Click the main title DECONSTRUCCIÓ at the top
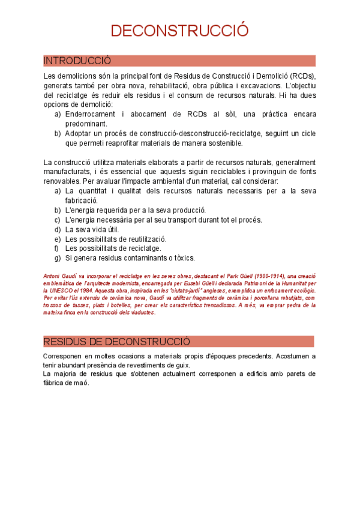click(x=179, y=31)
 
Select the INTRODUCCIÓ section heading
click(x=77, y=61)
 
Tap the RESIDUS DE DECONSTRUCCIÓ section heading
click(x=116, y=342)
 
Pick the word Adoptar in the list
click(x=78, y=133)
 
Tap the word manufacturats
click(x=67, y=172)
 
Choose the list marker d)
click(x=58, y=229)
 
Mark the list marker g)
click(x=58, y=258)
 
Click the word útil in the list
click(x=112, y=229)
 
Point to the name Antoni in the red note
click(x=53, y=275)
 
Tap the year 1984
click(x=89, y=290)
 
